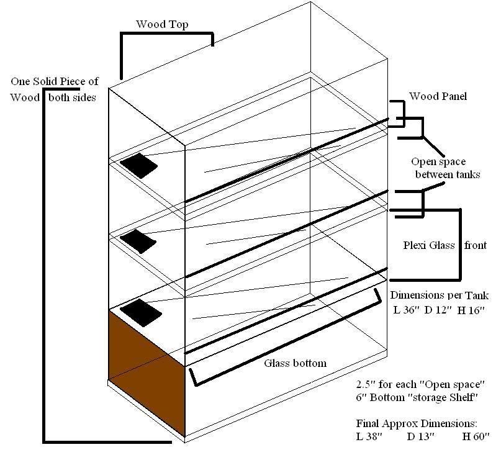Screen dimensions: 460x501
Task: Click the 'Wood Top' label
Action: point(163,25)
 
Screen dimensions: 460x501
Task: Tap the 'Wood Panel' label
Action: point(438,96)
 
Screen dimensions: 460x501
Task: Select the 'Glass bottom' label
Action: point(295,363)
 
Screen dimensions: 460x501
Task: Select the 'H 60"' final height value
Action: point(474,437)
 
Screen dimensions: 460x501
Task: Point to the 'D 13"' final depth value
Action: point(422,437)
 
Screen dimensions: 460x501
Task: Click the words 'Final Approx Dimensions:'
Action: point(417,423)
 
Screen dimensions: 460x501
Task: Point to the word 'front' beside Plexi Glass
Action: point(477,245)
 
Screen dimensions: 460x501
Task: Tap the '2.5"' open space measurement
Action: point(366,383)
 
